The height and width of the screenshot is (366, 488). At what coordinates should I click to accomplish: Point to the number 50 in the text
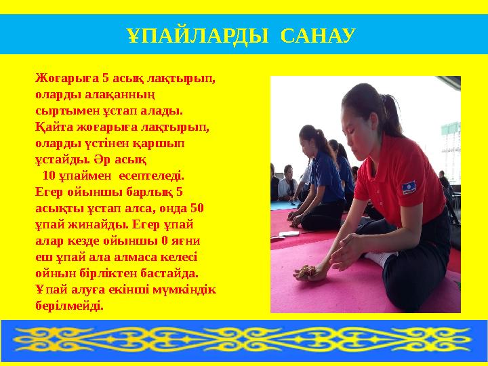point(199,208)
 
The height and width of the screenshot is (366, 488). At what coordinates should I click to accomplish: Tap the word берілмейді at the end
point(70,306)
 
